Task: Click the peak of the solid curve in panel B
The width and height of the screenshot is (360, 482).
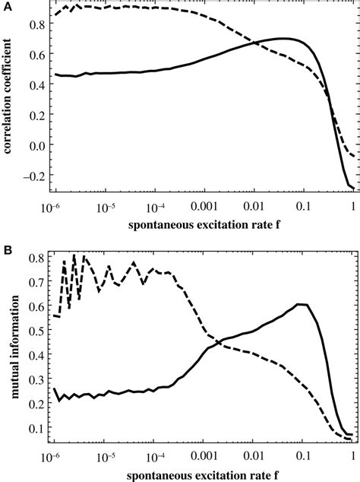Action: (x=302, y=304)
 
